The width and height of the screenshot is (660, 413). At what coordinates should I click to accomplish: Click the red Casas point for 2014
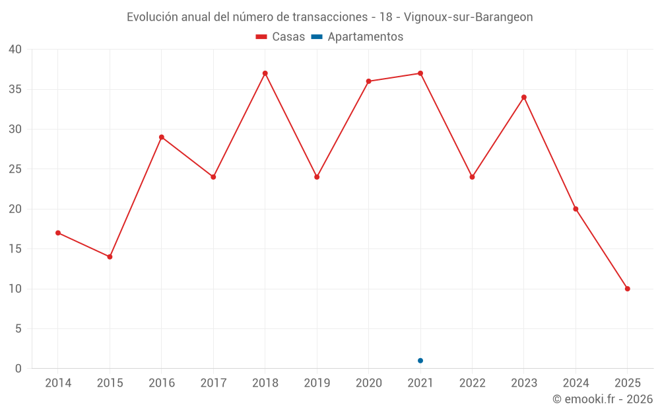58,233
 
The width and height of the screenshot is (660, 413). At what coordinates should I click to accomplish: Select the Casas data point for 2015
110,256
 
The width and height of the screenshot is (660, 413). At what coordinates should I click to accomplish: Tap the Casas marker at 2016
162,137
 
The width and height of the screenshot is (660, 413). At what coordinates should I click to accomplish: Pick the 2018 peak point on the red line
265,73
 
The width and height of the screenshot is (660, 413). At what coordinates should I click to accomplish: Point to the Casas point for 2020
368,81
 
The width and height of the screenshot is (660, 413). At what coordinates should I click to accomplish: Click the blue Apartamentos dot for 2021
420,361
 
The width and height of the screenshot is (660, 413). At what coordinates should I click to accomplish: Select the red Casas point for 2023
524,97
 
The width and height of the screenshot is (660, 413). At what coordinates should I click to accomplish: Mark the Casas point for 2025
627,289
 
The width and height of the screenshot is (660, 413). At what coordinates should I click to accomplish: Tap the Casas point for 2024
576,209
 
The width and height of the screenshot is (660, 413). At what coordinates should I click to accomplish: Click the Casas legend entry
280,37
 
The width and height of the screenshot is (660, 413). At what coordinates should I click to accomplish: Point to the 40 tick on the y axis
15,50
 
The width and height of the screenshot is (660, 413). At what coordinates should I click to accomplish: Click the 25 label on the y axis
15,169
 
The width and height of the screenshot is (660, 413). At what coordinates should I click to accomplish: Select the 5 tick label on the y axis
18,328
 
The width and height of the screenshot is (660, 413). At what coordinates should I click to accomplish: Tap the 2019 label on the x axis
317,383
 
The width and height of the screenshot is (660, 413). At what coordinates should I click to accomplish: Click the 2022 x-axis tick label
472,383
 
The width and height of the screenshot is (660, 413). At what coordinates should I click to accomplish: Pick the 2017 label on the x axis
213,383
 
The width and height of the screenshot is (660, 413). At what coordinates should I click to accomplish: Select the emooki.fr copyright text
602,399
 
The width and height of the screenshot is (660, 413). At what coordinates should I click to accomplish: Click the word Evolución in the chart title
152,17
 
